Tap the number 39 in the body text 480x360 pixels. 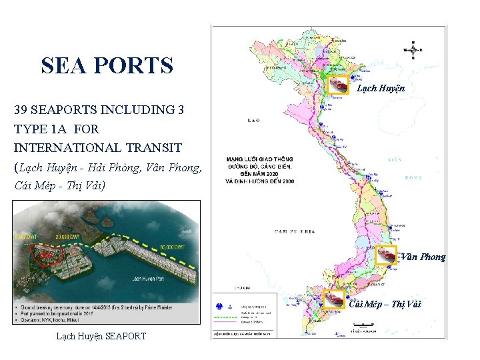click(x=21, y=109)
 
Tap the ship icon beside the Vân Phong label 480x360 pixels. click(x=386, y=255)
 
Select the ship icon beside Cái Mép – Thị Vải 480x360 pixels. click(x=333, y=299)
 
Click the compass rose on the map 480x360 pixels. click(x=413, y=50)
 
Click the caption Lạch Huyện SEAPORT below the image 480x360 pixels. click(x=102, y=335)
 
